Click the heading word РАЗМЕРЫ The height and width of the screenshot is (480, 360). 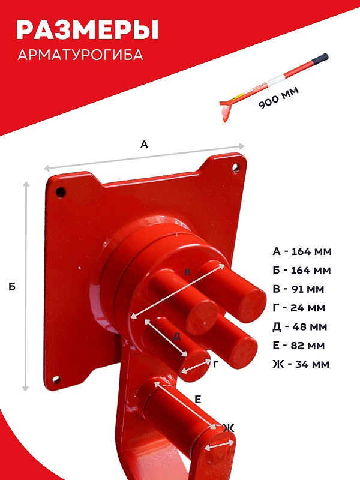click(x=87, y=29)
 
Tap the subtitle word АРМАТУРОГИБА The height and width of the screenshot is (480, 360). click(x=80, y=55)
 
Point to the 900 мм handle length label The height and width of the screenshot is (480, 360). click(x=278, y=98)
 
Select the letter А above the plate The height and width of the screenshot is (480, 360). click(x=144, y=144)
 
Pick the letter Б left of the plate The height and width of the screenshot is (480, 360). click(x=12, y=287)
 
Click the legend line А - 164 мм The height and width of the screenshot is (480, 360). click(x=302, y=251)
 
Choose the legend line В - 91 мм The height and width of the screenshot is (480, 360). click(x=298, y=289)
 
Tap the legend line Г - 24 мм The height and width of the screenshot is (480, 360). click(x=299, y=308)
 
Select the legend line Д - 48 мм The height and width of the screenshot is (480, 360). click(x=299, y=326)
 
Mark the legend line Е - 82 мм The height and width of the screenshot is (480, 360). click(x=298, y=346)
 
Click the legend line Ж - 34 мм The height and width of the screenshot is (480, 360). click(x=301, y=364)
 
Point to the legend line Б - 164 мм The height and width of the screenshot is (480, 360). click(x=302, y=270)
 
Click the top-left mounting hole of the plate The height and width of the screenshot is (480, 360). click(x=61, y=193)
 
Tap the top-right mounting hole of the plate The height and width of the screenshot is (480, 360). click(x=236, y=168)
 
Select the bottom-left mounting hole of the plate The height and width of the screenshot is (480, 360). click(x=56, y=380)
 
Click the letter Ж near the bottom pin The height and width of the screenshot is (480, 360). click(x=229, y=428)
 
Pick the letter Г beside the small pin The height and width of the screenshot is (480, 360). click(x=216, y=364)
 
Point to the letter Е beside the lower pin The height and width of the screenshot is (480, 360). click(x=198, y=400)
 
